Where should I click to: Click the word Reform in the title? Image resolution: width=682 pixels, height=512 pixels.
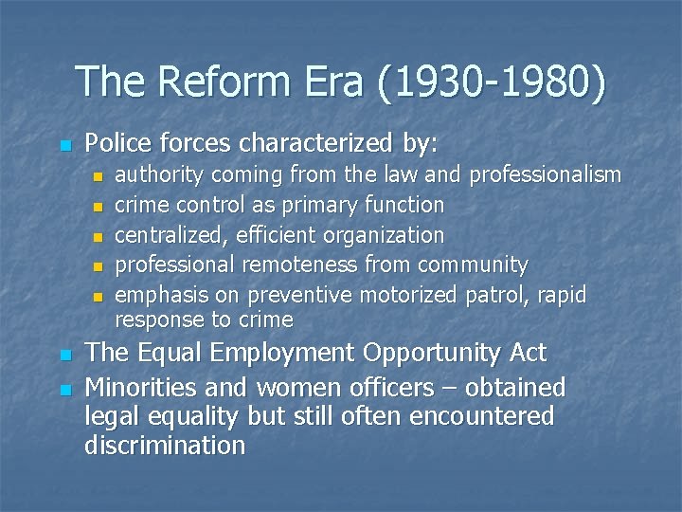(x=220, y=82)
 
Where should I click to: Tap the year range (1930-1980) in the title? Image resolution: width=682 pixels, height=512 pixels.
(x=491, y=82)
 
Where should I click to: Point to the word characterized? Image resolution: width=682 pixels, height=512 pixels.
(x=317, y=144)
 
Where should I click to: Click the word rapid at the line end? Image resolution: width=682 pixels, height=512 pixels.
(x=562, y=295)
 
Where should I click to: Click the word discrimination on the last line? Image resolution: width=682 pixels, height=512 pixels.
(x=165, y=445)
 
